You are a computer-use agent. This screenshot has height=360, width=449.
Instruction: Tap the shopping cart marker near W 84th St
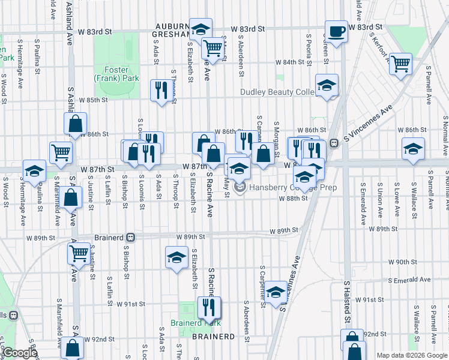click(x=400, y=62)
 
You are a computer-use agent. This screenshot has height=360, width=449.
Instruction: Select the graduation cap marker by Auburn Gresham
click(x=200, y=28)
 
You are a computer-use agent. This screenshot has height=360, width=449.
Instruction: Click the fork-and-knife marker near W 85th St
click(x=160, y=90)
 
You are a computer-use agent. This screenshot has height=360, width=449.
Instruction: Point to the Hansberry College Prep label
click(x=292, y=188)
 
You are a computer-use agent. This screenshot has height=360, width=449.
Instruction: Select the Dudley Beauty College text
click(x=277, y=92)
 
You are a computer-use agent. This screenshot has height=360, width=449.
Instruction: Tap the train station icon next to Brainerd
click(x=131, y=237)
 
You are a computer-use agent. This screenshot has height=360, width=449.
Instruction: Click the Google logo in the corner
click(x=19, y=353)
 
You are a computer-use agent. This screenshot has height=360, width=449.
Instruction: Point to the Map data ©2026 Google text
click(x=411, y=355)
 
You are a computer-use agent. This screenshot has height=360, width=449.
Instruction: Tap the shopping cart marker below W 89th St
click(x=79, y=253)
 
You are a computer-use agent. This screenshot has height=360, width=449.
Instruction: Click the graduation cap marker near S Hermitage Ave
click(x=34, y=170)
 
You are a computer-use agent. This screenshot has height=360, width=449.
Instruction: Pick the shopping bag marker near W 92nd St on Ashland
click(x=73, y=347)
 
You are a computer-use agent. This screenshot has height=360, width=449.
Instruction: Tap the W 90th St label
click(x=402, y=262)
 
